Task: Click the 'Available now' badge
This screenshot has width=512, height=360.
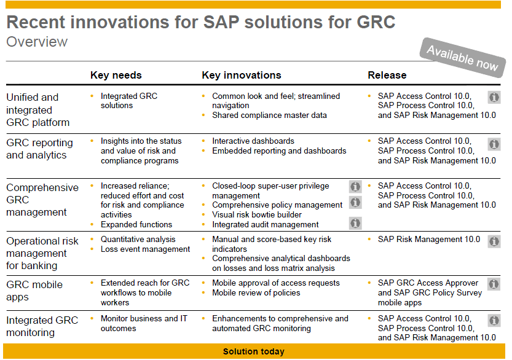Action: click(x=462, y=58)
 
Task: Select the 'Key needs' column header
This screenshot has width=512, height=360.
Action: click(x=116, y=75)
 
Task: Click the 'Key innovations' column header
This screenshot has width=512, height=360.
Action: click(x=241, y=75)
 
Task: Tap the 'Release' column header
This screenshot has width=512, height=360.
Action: click(x=387, y=75)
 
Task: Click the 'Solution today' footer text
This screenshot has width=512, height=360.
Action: click(x=253, y=352)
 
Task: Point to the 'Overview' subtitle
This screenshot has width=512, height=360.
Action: click(x=37, y=42)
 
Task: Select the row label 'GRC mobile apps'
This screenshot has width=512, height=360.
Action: click(x=34, y=291)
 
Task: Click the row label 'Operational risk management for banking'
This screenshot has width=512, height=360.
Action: click(x=42, y=253)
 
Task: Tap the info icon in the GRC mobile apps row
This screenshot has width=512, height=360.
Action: click(x=494, y=284)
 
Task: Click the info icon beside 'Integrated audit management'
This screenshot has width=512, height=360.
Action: click(x=355, y=224)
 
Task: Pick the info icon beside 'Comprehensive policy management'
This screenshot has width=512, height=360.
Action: click(x=355, y=203)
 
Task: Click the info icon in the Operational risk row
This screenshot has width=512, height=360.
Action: click(x=494, y=241)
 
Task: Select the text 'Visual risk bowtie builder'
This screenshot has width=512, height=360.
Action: click(x=257, y=215)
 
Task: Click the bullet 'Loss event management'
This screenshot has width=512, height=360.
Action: click(x=145, y=249)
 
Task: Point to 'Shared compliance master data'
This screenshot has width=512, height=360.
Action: click(x=269, y=115)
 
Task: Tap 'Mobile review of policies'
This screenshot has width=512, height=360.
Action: click(x=256, y=293)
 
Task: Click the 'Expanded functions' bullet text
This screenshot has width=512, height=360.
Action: click(x=136, y=225)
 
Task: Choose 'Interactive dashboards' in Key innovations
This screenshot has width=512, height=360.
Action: click(x=253, y=141)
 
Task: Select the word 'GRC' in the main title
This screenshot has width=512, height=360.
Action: click(x=376, y=23)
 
